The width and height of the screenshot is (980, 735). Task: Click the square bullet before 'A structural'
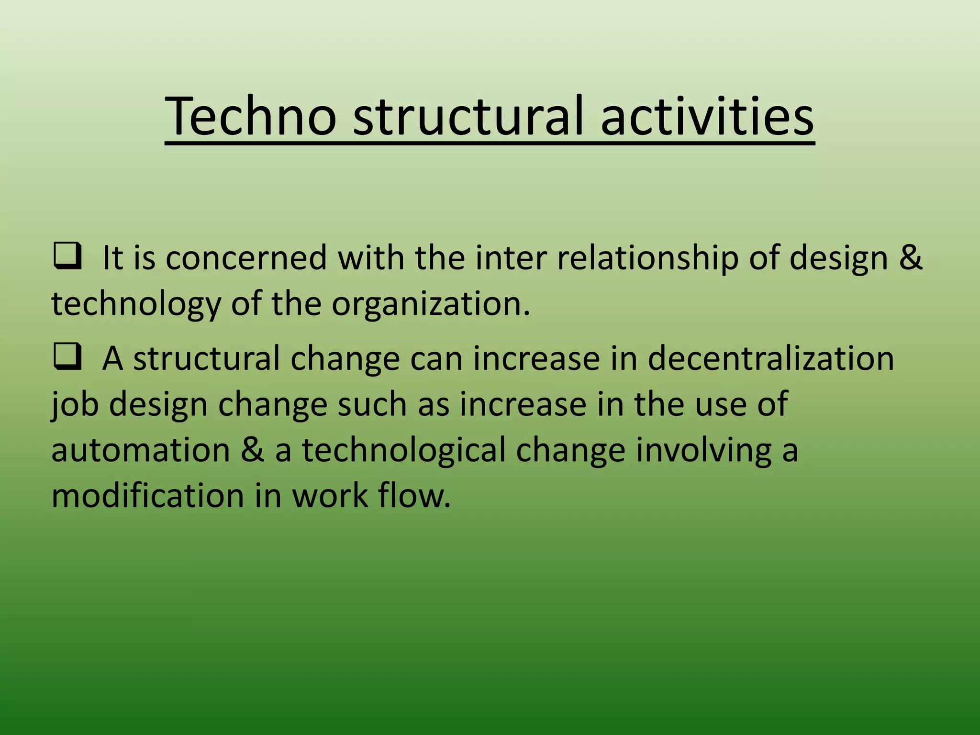tap(67, 357)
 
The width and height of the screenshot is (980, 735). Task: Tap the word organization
tap(431, 304)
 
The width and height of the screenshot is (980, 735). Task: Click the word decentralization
tap(770, 358)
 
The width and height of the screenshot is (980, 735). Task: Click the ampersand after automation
tap(252, 450)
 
